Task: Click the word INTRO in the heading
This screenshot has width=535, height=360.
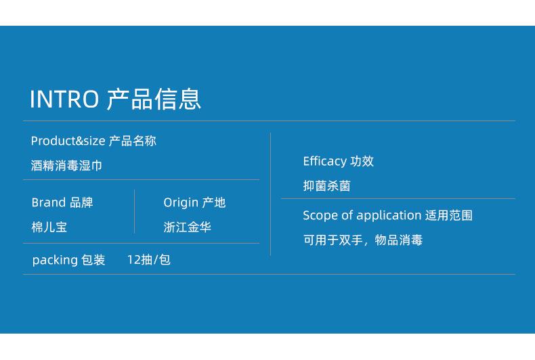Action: coord(64,99)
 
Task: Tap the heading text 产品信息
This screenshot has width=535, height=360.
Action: coord(154,99)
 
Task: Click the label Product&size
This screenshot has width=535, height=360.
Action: coord(68,141)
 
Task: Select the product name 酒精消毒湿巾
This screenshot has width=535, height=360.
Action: coord(66,166)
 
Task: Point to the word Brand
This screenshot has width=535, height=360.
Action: coord(49,202)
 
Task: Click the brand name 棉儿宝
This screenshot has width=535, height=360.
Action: coord(49,227)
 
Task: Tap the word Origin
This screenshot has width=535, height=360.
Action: coord(181,202)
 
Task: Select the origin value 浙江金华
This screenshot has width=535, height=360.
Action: coord(187,227)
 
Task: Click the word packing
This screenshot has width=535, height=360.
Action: coord(55,260)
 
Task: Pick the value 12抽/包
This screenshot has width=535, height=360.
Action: coord(148,260)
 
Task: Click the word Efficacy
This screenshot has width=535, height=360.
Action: coord(324,161)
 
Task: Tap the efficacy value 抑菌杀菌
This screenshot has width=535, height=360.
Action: coord(326,186)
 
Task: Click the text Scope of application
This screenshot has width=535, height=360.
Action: coord(362,216)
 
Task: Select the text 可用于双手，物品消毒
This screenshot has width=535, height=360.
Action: coord(362,240)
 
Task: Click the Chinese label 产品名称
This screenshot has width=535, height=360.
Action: coord(133,141)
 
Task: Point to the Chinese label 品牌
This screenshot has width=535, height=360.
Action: coord(82,202)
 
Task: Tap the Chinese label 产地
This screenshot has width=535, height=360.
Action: coord(214,202)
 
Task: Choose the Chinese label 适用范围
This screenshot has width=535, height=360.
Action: coord(449,216)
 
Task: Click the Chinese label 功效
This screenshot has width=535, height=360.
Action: coord(362,161)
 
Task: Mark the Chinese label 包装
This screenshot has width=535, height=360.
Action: coord(93,260)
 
